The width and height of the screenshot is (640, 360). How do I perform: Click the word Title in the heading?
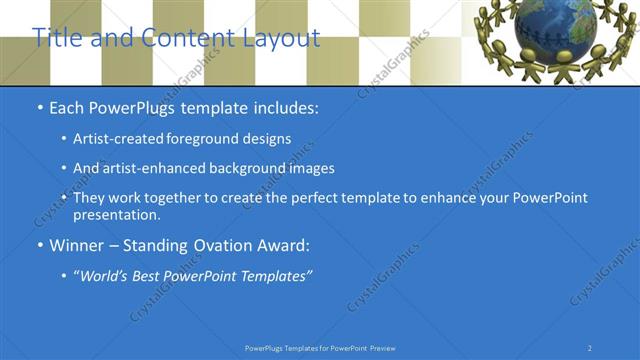coord(56,38)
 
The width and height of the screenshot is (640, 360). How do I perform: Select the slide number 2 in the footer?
coord(590,348)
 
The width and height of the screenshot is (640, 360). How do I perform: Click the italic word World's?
coord(109,275)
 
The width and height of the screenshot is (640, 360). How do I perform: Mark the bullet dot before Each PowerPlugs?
coord(39,107)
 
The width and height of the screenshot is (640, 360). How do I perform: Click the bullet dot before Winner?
coord(39,245)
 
